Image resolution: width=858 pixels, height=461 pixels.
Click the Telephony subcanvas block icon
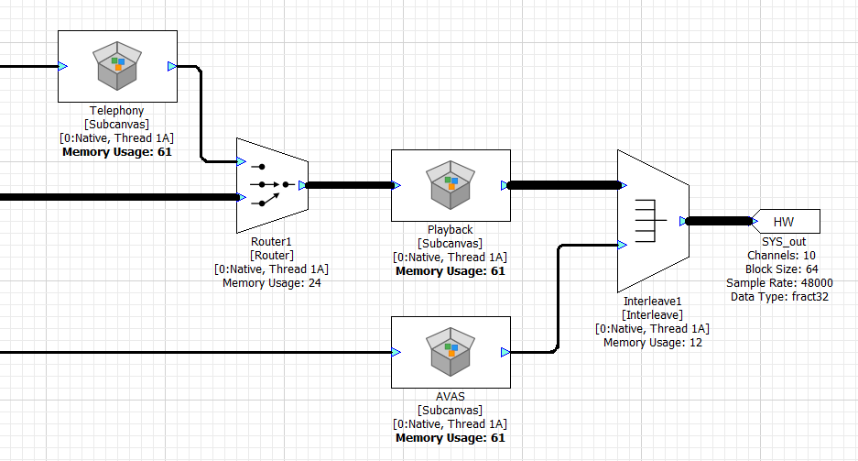tap(117, 66)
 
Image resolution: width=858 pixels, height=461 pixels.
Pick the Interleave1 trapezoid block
tap(653, 220)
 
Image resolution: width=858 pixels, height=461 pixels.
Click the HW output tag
tap(785, 221)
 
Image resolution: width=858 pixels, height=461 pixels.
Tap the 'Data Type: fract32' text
tap(779, 296)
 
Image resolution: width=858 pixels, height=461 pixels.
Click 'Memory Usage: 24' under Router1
tap(271, 283)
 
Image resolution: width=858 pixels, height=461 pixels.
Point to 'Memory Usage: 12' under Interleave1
tap(652, 342)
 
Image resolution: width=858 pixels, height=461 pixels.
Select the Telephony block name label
tap(117, 111)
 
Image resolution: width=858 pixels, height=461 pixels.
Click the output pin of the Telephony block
tap(172, 66)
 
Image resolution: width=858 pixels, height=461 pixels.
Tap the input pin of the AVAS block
tap(396, 352)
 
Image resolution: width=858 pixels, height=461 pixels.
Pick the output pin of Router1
tap(302, 185)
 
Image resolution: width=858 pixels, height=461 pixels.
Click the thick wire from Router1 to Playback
tap(348, 185)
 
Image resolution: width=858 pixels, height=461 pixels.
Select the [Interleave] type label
tap(652, 314)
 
